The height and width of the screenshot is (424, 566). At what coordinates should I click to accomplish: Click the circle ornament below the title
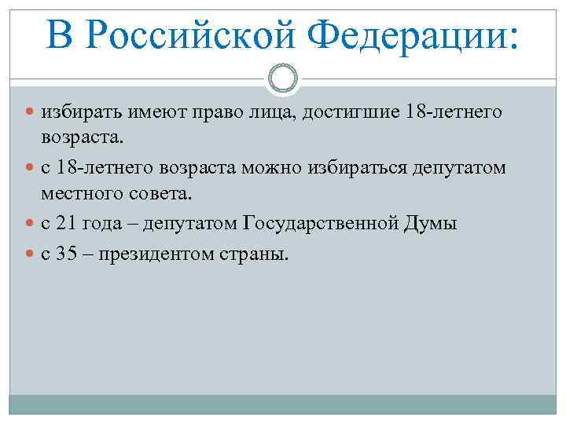pyautogui.click(x=282, y=78)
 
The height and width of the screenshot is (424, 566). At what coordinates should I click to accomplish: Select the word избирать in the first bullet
pyautogui.click(x=76, y=114)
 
